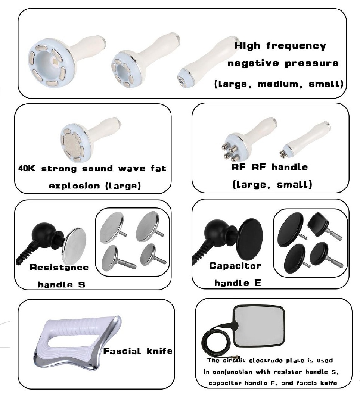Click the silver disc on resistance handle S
(x=74, y=243)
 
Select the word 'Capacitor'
(x=235, y=266)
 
